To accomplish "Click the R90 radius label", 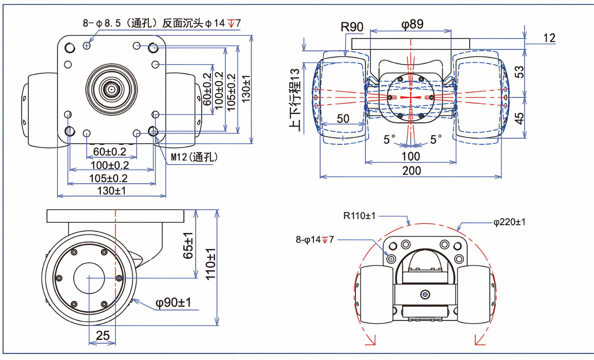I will point(352,27).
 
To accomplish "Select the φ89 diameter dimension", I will point(412,24).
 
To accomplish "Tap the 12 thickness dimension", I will point(549,38).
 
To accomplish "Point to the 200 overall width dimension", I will point(411,171).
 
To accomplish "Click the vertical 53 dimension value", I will point(519,71).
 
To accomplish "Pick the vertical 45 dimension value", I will point(519,118).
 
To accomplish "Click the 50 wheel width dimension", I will point(343,119).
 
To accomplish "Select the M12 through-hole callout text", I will point(194,157).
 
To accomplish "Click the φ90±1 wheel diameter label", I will point(173,302).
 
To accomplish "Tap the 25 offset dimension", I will point(102,335).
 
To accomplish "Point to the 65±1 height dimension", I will point(188,245).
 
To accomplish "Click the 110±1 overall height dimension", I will point(210,264).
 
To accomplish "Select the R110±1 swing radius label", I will point(359,215).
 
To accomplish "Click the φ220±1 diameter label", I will point(509,222).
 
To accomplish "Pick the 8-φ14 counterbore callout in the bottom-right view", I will point(314,240).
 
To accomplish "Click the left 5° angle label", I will point(389,139).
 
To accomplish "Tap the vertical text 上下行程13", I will point(295,99).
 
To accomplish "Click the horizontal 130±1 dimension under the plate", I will point(111,191).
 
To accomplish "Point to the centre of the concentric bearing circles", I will point(111,89).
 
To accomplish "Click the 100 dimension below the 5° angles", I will point(411,156).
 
